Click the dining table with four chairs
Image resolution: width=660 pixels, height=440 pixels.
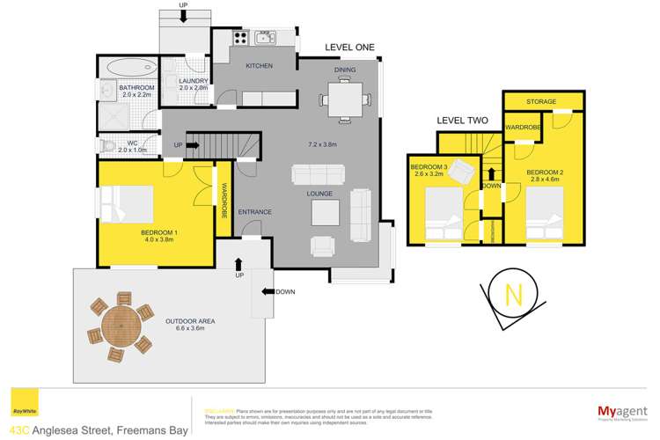click(342, 99)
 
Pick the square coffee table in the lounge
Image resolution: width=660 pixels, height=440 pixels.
click(324, 212)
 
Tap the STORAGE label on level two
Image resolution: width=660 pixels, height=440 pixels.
click(541, 102)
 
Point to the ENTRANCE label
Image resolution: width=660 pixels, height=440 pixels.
click(254, 212)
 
